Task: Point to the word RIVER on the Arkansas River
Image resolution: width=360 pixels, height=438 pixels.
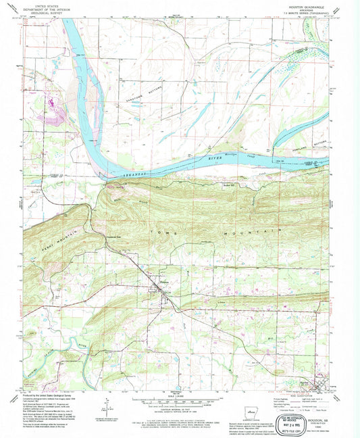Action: coord(214,159)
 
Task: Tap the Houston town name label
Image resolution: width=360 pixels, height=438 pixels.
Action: coord(155,283)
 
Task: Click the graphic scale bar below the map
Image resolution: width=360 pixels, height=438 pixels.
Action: coord(180,399)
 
